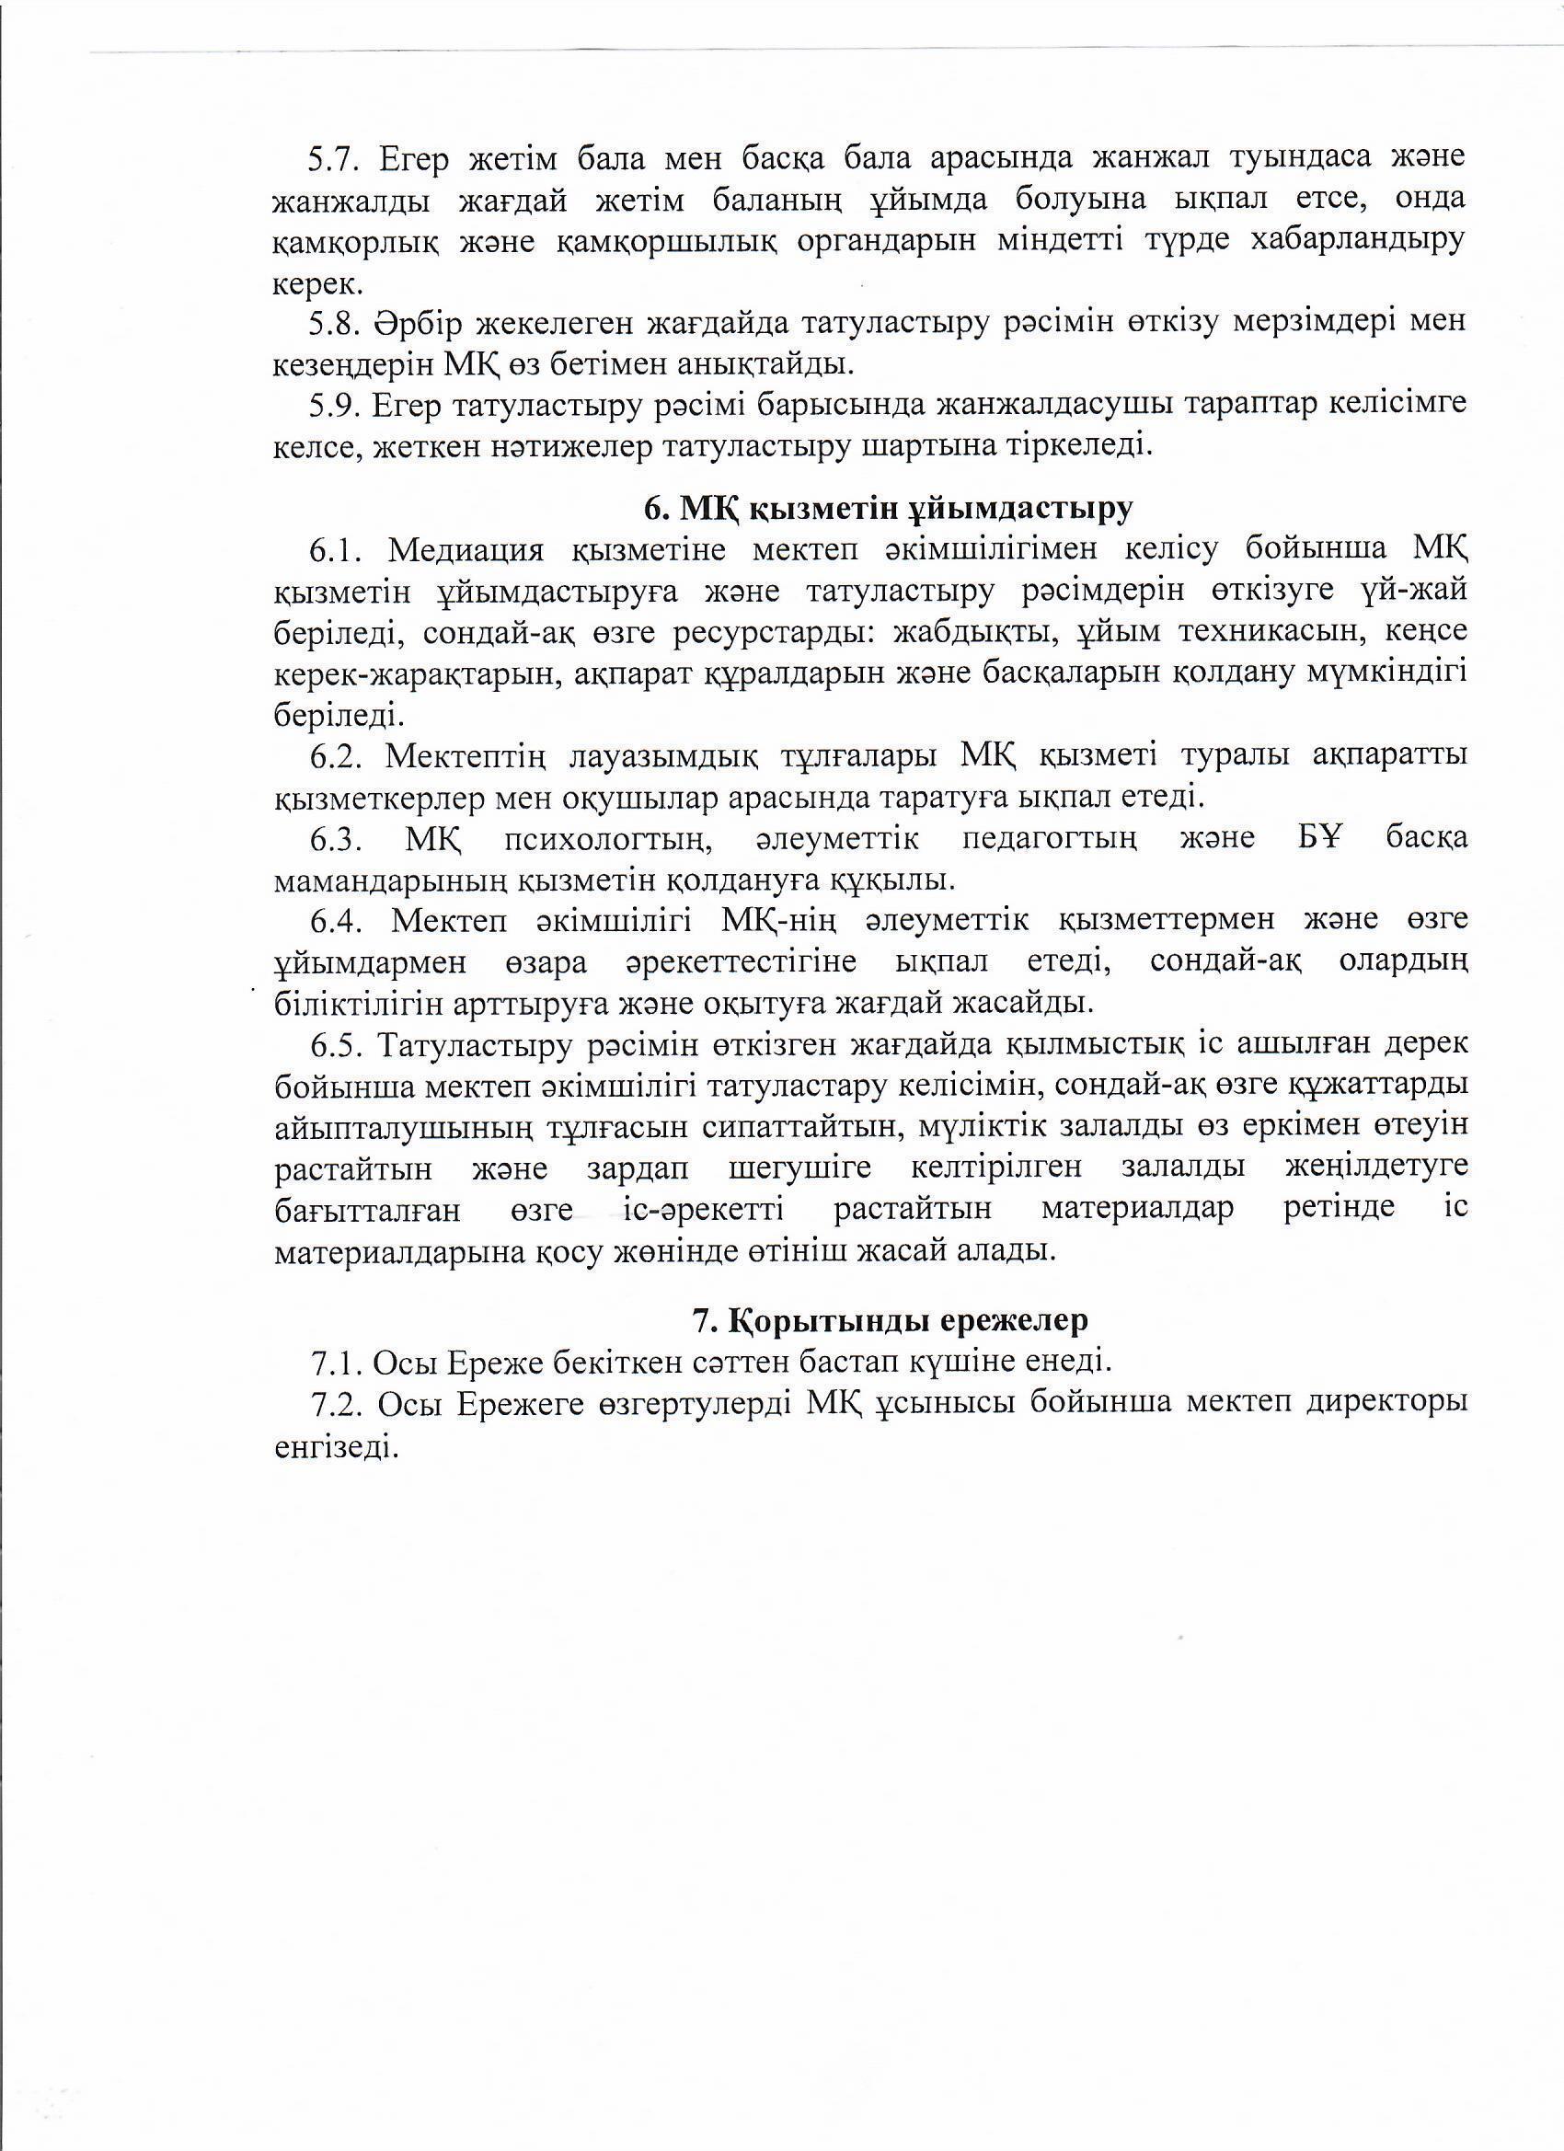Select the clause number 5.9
pos(331,405)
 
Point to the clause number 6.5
pos(333,1044)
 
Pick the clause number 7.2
pos(333,1405)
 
